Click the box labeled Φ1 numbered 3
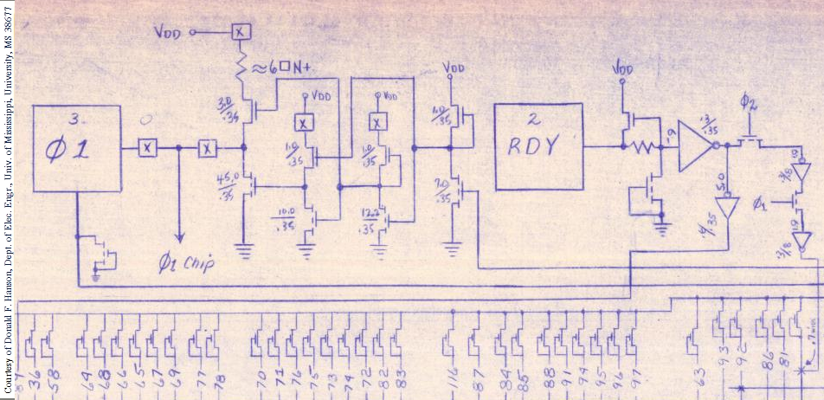[76, 148]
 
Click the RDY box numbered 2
[538, 146]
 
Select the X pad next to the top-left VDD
[241, 32]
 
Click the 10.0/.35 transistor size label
[286, 217]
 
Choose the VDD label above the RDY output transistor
[622, 68]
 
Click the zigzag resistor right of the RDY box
[644, 147]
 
